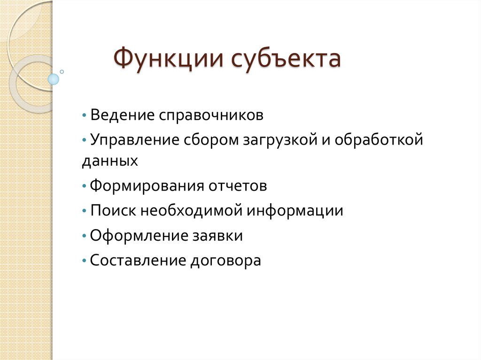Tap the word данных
pyautogui.click(x=110, y=161)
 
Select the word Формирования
pyautogui.click(x=145, y=186)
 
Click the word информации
pyautogui.click(x=295, y=211)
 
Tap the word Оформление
pyautogui.click(x=138, y=236)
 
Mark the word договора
pyautogui.click(x=225, y=260)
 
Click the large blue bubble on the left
pyautogui.click(x=54, y=79)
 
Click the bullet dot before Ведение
pyautogui.click(x=84, y=115)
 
